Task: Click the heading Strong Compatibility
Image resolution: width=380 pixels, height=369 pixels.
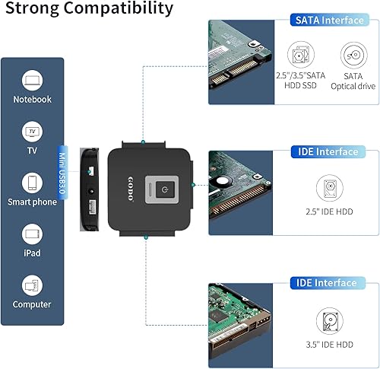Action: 87,10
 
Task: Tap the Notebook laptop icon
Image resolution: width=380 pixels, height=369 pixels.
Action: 31,80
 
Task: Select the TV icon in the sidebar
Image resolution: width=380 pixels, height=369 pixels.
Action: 31,132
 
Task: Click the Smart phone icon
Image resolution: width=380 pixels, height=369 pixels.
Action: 31,183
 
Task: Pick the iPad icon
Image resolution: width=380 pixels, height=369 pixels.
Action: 31,234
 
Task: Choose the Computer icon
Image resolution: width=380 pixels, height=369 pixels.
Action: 31,285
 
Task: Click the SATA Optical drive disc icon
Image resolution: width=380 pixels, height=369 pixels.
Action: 351,56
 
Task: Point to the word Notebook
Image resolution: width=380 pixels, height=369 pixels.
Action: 31,100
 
